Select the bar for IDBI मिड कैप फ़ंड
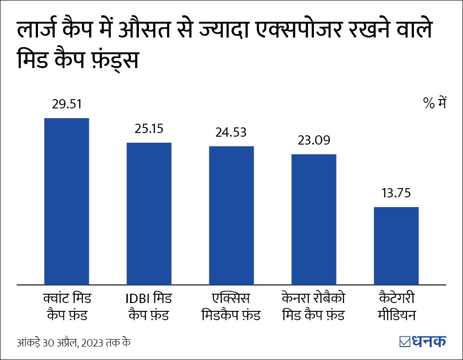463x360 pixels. (x=149, y=213)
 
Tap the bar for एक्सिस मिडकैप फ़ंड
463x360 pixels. (x=231, y=215)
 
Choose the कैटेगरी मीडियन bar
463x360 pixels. (x=396, y=246)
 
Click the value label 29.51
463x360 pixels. (x=67, y=104)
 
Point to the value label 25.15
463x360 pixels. (x=149, y=128)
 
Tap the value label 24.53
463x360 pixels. (x=231, y=132)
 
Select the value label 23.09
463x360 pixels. (x=313, y=140)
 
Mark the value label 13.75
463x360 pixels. (x=396, y=193)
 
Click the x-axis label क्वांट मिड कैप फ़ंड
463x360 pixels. (x=66, y=306)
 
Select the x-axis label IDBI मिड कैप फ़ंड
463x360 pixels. (x=149, y=306)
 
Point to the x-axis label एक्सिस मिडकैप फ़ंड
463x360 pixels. (x=231, y=306)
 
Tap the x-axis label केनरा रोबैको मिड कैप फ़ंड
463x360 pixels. (x=313, y=306)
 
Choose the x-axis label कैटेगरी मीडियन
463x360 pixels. (x=396, y=306)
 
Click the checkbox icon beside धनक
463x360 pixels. (x=405, y=341)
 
